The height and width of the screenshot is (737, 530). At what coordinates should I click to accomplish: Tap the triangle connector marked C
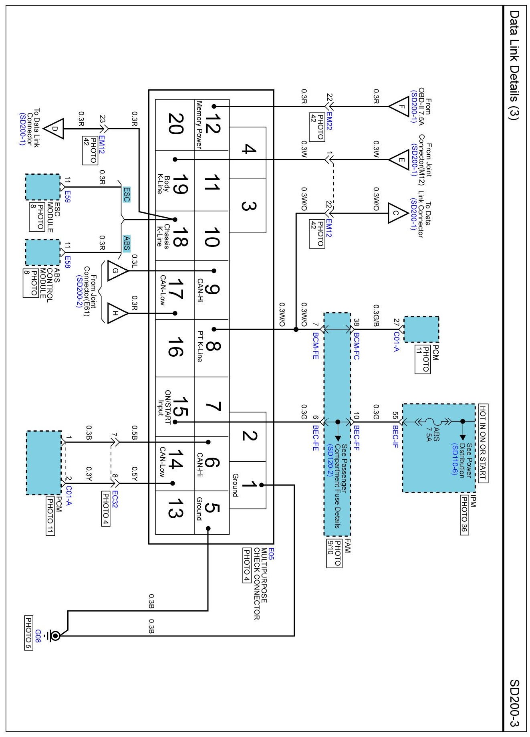(x=398, y=213)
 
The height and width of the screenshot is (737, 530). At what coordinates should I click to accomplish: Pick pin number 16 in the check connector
(x=175, y=347)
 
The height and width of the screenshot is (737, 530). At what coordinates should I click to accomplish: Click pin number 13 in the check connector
(x=175, y=508)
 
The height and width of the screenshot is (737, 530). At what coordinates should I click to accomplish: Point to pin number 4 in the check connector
(x=248, y=149)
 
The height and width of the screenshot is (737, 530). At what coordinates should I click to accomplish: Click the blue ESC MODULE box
(x=43, y=187)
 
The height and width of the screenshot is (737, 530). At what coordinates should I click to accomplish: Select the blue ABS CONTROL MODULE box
(x=43, y=252)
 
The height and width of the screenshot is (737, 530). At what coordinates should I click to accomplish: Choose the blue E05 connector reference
(x=271, y=554)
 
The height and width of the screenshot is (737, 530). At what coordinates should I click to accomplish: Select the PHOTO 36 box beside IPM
(x=464, y=515)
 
